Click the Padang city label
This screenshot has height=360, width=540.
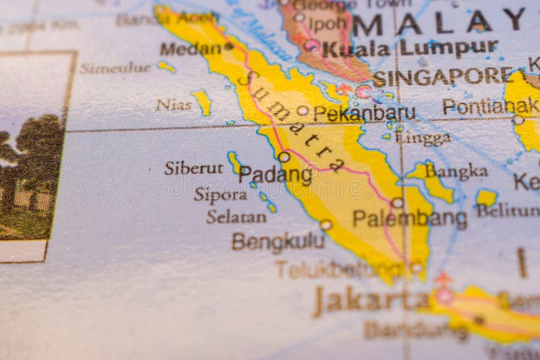pyautogui.click(x=275, y=175)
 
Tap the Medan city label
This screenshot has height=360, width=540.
pyautogui.click(x=190, y=49)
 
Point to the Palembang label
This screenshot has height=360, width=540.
pyautogui.click(x=410, y=219)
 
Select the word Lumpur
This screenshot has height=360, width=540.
pyautogui.click(x=448, y=47)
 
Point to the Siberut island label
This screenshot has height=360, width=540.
pyautogui.click(x=193, y=168)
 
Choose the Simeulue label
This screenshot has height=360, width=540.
pyautogui.click(x=115, y=68)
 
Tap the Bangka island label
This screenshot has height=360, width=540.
pyautogui.click(x=456, y=172)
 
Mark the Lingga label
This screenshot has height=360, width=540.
pyautogui.click(x=422, y=138)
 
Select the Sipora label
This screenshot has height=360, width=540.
pyautogui.click(x=221, y=195)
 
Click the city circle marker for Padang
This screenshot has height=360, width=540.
pyautogui.click(x=284, y=157)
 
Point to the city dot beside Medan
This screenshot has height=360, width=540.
pyautogui.click(x=229, y=46)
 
